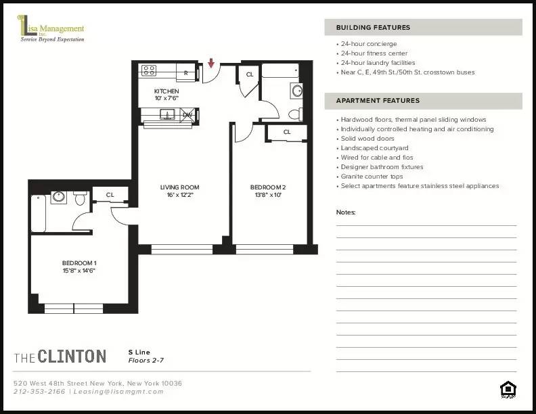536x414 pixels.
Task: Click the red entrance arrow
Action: coord(211,64)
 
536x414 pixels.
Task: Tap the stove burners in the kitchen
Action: coord(149,70)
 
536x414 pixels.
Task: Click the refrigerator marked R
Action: coord(185,71)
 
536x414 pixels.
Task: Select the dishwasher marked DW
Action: coord(187,114)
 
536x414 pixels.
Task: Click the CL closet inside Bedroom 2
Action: coord(287,132)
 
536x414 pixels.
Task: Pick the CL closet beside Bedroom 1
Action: coord(110,195)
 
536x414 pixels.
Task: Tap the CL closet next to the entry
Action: coord(249,74)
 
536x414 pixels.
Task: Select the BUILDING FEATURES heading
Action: coord(373,28)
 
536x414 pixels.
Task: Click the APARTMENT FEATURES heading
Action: coord(378,101)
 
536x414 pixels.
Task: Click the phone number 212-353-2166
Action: coord(40,392)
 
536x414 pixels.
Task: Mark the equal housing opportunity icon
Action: coord(507,388)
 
